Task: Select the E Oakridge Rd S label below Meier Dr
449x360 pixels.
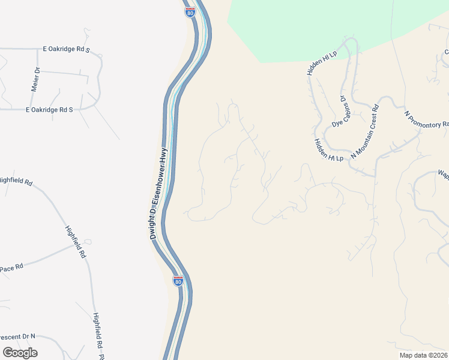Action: pos(49,110)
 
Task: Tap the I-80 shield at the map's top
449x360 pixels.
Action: pos(190,11)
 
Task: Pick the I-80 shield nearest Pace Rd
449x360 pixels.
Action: pos(178,280)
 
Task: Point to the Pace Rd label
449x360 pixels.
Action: pos(11,265)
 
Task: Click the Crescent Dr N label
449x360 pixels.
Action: pos(17,337)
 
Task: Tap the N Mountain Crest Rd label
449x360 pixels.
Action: pos(365,131)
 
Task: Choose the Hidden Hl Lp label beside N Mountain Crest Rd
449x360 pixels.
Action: pos(328,150)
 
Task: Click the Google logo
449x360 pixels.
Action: pos(20,352)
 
